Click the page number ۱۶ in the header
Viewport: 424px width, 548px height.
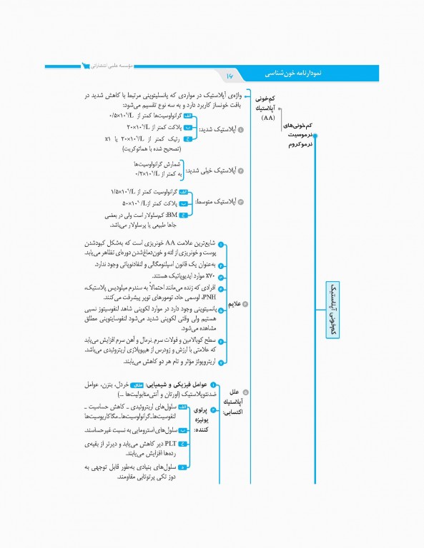click(x=230, y=75)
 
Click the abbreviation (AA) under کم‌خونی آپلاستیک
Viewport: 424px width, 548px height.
click(x=268, y=118)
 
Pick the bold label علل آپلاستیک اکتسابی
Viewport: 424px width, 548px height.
click(x=232, y=402)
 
